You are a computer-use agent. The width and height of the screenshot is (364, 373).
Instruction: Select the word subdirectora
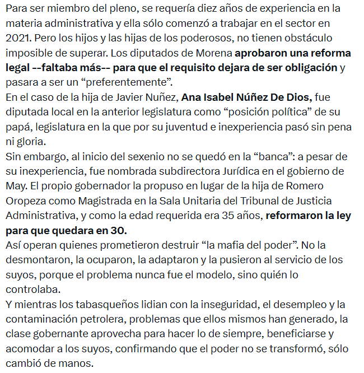pos(180,170)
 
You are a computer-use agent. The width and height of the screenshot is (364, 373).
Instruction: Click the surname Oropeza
pos(27,199)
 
